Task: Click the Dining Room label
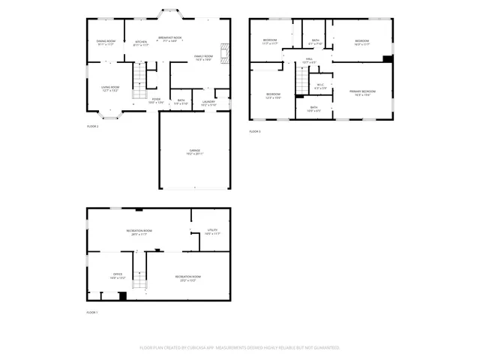tap(106, 43)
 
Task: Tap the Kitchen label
tap(141, 43)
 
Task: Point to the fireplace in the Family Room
tap(223, 55)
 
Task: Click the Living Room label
tap(110, 89)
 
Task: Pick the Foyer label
tap(156, 100)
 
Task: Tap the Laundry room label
tap(208, 103)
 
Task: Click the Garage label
tap(194, 152)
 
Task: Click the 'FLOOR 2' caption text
tap(92, 127)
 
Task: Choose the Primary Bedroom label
tap(362, 93)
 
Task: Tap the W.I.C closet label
tap(320, 86)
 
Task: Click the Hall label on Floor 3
tap(308, 60)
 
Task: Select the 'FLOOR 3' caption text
tap(255, 132)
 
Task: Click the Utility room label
tap(211, 232)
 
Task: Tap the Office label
tap(118, 276)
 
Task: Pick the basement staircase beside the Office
tap(139, 277)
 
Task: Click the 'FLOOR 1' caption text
tap(92, 311)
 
